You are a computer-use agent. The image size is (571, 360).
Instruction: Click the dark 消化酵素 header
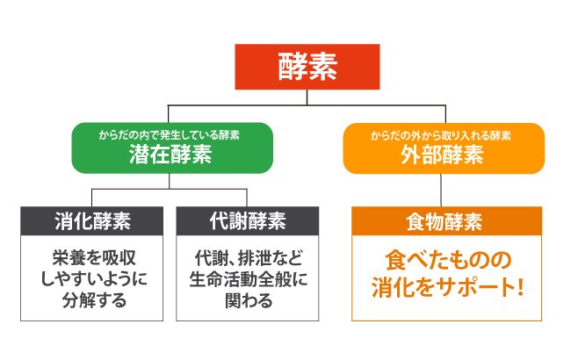tap(91, 220)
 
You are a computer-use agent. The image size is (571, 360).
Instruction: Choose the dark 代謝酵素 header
tap(248, 220)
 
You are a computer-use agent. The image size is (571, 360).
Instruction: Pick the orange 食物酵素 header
tap(443, 220)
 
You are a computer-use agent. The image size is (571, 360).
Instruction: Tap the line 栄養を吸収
tap(91, 260)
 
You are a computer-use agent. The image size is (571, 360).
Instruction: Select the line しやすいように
tap(91, 280)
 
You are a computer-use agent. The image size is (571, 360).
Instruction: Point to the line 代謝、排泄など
tap(248, 260)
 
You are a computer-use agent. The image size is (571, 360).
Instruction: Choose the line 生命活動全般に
tap(248, 280)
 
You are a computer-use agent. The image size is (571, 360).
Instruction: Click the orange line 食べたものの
tap(443, 262)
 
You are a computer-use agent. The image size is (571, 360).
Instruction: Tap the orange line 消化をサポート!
tap(443, 287)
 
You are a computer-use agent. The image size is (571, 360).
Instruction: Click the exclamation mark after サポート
tap(520, 287)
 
